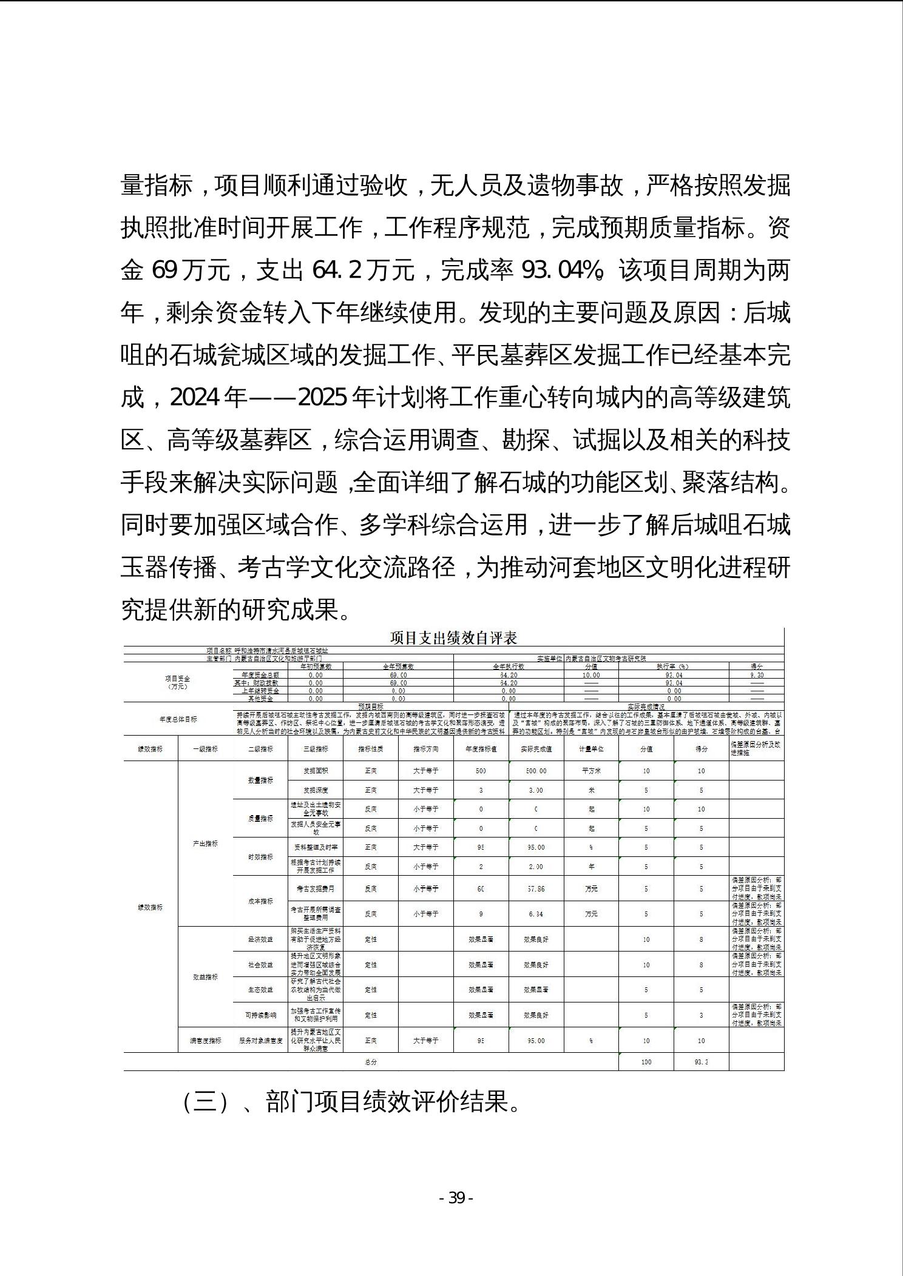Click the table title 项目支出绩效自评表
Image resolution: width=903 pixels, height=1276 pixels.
(453, 638)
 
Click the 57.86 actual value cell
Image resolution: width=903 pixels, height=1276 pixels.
(536, 888)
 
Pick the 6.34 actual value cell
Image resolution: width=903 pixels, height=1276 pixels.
(536, 913)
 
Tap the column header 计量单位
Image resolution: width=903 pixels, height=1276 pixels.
(591, 749)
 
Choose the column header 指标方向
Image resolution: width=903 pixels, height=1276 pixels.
(425, 749)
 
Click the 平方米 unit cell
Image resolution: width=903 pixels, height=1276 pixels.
(591, 771)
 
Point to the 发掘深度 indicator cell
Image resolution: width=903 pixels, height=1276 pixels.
(316, 790)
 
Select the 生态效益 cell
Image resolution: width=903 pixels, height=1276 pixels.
(260, 990)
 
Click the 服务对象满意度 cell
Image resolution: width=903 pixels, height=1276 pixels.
(260, 1041)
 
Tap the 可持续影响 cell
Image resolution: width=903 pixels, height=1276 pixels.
(260, 1015)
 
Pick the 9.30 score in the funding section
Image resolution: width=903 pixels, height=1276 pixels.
(757, 675)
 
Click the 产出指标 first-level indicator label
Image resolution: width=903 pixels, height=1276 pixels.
(205, 844)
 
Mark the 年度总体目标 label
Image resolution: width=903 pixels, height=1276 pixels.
(178, 719)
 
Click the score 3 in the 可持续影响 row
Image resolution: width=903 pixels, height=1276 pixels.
(701, 1015)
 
